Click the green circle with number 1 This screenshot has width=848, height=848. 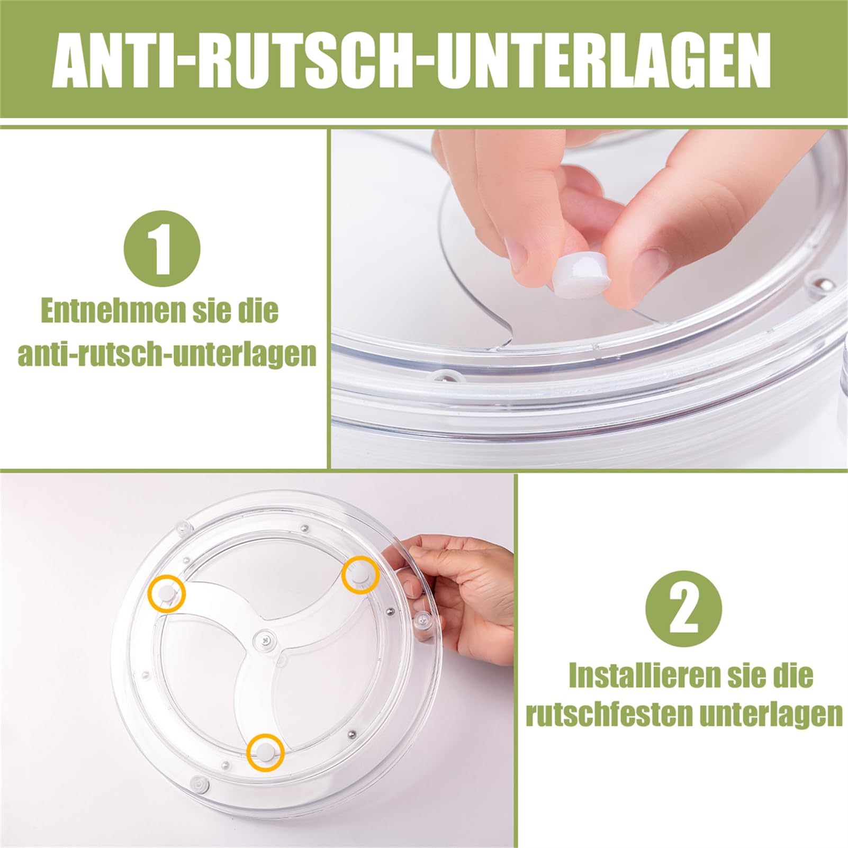point(161,250)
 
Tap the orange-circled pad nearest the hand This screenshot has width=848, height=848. point(360,574)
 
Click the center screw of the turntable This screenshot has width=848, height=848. point(265,640)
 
